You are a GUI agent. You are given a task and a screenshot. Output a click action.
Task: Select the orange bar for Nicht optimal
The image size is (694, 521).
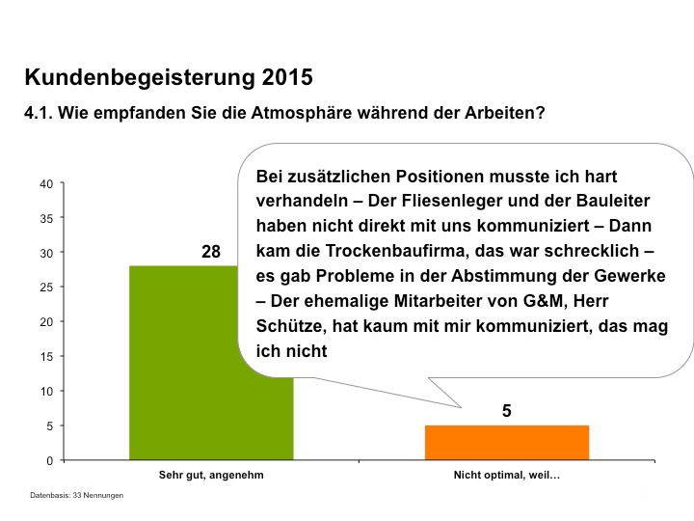(506, 443)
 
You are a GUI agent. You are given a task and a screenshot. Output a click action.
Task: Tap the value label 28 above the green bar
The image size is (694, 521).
(211, 252)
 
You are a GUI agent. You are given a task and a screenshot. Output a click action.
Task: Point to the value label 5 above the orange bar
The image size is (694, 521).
(506, 411)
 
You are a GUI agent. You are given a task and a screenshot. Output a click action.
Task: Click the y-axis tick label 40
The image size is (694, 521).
(46, 183)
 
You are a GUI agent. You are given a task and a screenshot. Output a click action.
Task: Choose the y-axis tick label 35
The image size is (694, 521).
(46, 218)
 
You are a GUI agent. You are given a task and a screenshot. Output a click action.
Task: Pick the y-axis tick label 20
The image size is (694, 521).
(46, 322)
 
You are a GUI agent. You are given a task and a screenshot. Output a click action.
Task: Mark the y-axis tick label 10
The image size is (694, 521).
(46, 392)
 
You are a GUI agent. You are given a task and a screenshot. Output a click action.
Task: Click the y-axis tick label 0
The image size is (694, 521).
(49, 461)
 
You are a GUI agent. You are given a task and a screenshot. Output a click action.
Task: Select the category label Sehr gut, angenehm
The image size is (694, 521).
(211, 476)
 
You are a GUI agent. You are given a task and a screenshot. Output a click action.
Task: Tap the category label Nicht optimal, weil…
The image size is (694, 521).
(506, 476)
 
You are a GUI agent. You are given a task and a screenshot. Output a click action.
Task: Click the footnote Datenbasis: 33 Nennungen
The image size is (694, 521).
(76, 496)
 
